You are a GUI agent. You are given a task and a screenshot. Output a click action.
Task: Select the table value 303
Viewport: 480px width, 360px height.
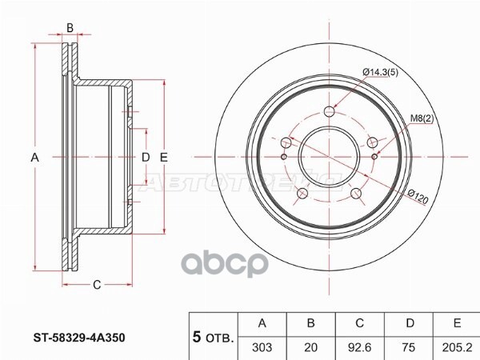click(262, 348)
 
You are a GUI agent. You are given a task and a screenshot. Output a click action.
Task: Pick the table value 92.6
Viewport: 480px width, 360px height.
click(360, 348)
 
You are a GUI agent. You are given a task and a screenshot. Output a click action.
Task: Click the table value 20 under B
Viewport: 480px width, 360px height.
click(311, 348)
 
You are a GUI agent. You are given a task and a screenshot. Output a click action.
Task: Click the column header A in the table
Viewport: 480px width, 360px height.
click(262, 323)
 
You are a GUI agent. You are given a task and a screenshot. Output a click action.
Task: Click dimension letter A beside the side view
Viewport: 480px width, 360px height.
click(34, 158)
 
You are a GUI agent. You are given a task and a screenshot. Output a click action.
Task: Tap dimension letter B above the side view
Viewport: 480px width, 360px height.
click(70, 28)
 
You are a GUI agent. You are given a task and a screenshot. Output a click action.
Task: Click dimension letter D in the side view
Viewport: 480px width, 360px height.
click(146, 158)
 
